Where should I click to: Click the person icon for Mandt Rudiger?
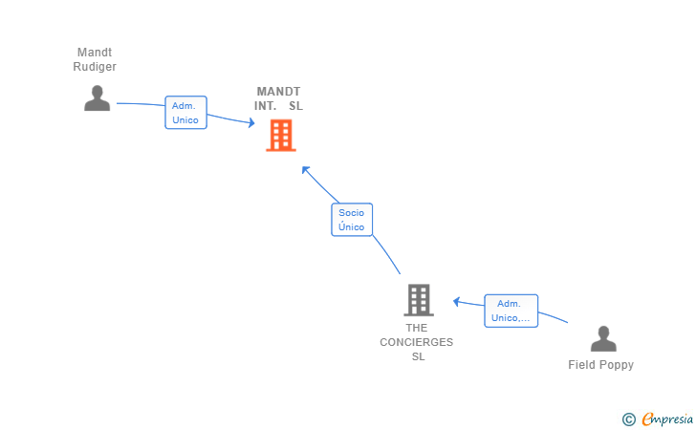pos(98,98)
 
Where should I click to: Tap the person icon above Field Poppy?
pos(603,338)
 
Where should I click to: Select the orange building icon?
pos(281,136)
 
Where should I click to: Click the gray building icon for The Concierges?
pos(419,300)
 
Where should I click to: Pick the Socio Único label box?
pos(352,220)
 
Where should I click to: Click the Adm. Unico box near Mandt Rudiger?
pos(186,113)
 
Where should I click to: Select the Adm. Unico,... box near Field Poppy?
pos(511,311)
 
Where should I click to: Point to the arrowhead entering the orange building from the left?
pos(251,122)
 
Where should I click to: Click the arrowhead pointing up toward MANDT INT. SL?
pos(305,170)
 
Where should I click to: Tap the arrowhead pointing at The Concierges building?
pos(456,302)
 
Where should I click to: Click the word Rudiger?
pos(95,67)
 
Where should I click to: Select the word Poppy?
pos(616,365)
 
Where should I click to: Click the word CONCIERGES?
pos(417,342)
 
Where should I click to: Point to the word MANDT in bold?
pos(278,92)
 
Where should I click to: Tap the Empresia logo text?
pos(667,419)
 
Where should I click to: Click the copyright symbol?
pos(629,419)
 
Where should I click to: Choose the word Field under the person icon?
pos(581,365)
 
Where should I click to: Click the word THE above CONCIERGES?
pos(417,328)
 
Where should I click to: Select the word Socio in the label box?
pos(351,212)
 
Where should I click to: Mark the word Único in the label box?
pos(351,226)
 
